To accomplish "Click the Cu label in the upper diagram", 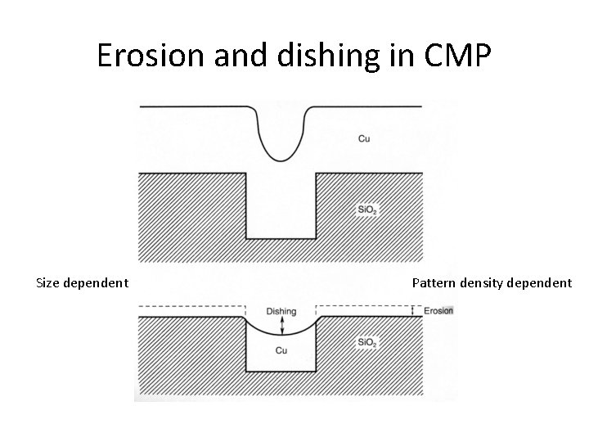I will [364, 139].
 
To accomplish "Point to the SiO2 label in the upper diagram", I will [367, 210].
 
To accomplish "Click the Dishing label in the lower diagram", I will [281, 311].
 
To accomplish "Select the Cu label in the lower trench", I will [281, 350].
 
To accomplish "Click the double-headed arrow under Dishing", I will [281, 325].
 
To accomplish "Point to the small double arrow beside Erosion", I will [414, 311].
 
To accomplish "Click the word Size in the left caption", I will [49, 283].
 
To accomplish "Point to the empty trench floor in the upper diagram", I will [281, 237].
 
